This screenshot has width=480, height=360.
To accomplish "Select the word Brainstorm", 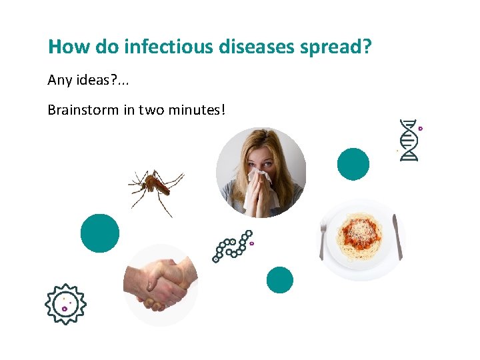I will point(83,109).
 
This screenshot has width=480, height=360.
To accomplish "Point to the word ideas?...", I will point(95,81).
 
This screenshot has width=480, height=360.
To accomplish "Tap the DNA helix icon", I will point(408,140).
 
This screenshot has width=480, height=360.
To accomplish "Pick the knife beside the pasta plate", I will point(397,236).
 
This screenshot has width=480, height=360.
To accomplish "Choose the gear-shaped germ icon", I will point(65,304).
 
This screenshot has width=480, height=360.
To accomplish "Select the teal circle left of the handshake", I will point(100,233).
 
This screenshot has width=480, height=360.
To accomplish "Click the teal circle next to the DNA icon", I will point(353,164).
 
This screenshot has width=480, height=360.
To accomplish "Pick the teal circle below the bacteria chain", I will point(279,280).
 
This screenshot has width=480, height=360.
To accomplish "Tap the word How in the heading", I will point(64,47).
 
